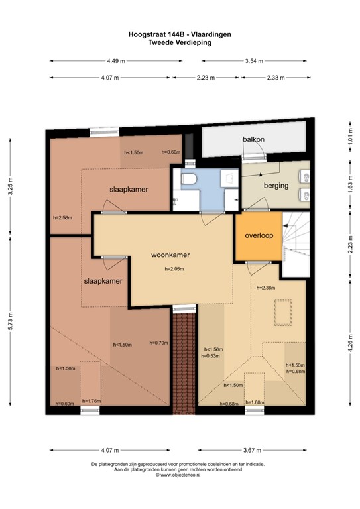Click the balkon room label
(253, 139)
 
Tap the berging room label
(276, 186)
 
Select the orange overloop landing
(259, 236)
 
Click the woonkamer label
(170, 254)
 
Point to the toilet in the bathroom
(188, 178)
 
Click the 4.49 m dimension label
(116, 61)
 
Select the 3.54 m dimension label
(254, 61)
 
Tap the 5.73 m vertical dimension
(11, 321)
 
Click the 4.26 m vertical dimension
(351, 343)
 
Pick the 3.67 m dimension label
(252, 450)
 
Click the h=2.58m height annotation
(62, 218)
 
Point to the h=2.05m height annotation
(174, 269)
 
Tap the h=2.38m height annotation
(266, 288)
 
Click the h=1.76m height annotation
(91, 401)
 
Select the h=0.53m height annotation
(210, 356)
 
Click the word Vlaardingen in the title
(211, 34)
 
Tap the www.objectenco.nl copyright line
(178, 475)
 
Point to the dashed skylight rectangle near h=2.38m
(282, 312)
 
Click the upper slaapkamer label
(129, 190)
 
